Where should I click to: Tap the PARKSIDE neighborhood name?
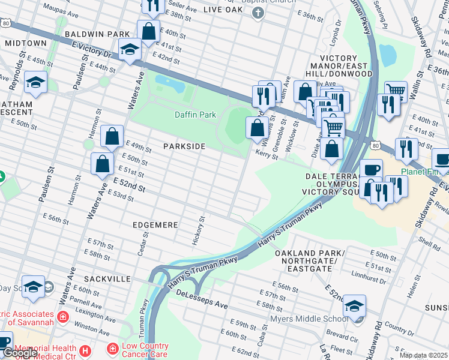pos(184,146)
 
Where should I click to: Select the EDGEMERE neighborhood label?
pos(155,224)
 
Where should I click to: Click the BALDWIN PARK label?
pos(98,34)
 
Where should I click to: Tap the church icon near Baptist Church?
pos(258,13)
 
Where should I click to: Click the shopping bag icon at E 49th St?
pos(112,137)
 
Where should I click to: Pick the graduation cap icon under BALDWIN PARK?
pos(129,50)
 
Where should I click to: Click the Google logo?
pos(20,353)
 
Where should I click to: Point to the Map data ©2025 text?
pos(423,355)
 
